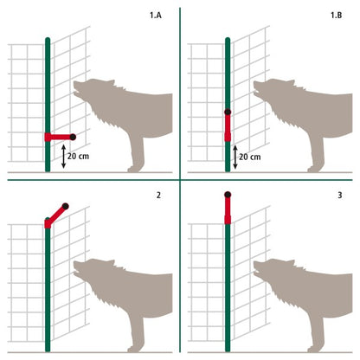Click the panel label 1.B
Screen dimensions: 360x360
[x=336, y=16]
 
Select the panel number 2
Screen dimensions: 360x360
[x=158, y=196]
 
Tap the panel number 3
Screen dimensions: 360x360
[x=338, y=196]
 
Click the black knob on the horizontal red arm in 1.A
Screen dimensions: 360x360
[x=74, y=137]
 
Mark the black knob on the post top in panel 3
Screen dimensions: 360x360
[x=228, y=195]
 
